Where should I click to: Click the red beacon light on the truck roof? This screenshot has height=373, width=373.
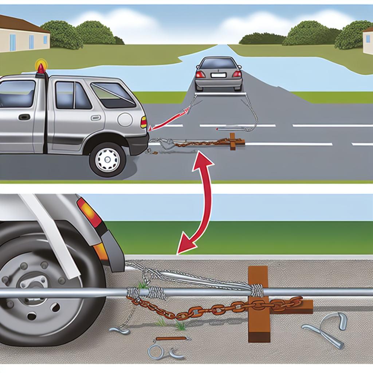(41, 68)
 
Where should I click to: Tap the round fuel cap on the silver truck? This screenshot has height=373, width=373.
(125, 120)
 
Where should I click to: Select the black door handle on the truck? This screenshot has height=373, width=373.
(24, 117)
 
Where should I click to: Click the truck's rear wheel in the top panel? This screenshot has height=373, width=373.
(107, 160)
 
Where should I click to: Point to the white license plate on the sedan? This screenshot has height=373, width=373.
(218, 75)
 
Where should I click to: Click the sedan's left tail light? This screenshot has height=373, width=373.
(200, 74)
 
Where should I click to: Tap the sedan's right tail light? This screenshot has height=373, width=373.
(237, 74)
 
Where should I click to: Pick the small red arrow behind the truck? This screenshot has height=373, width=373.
(171, 119)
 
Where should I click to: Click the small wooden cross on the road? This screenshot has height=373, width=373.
(232, 141)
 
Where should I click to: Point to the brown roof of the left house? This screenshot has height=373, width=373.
(22, 25)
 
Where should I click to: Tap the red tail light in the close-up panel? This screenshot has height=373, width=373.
(90, 213)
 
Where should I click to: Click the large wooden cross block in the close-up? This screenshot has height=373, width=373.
(259, 304)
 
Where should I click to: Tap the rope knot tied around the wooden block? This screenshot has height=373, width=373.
(257, 290)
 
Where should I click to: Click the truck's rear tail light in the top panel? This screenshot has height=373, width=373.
(144, 122)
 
